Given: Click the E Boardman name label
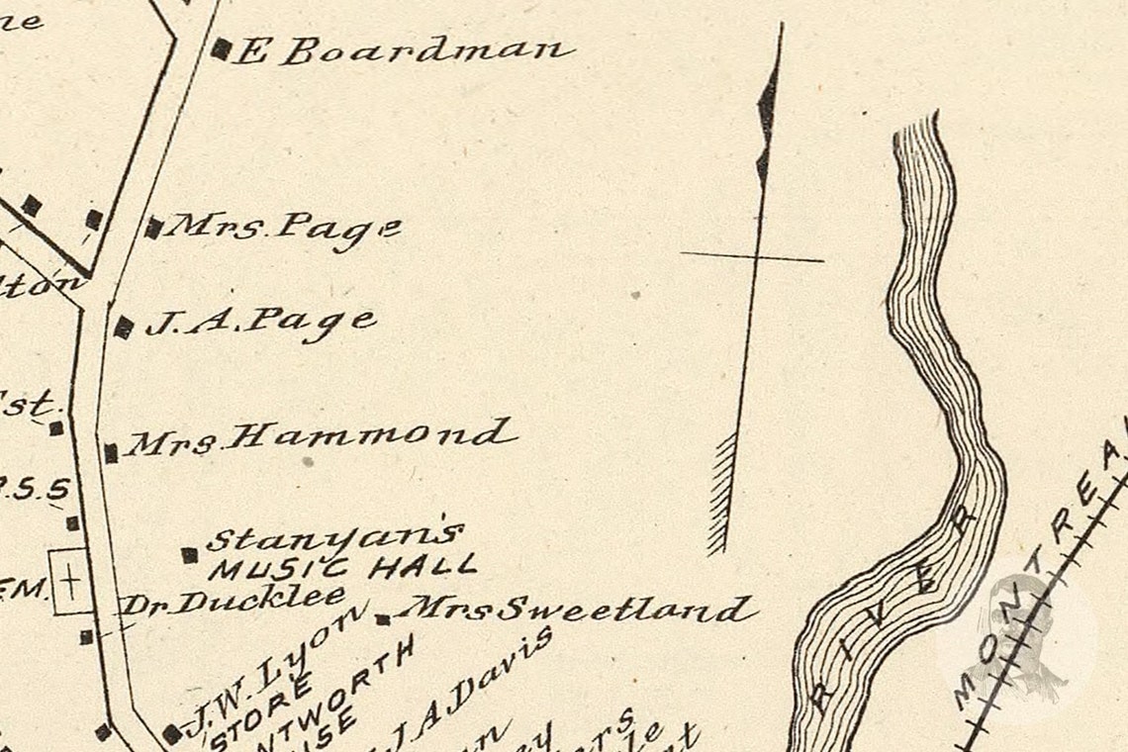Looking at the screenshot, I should click(403, 50).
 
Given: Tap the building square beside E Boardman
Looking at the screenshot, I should click(222, 48).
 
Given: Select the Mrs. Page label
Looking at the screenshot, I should click(283, 229).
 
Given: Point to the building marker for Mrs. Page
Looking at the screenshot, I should click(153, 229).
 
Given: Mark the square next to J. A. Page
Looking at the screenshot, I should click(124, 328).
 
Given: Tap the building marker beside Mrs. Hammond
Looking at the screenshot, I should click(111, 452).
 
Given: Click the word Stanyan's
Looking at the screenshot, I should click(334, 537).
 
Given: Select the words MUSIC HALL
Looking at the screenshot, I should click(342, 568).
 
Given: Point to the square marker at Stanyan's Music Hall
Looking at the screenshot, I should click(189, 555).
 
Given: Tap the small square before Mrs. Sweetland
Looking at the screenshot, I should click(382, 619).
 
